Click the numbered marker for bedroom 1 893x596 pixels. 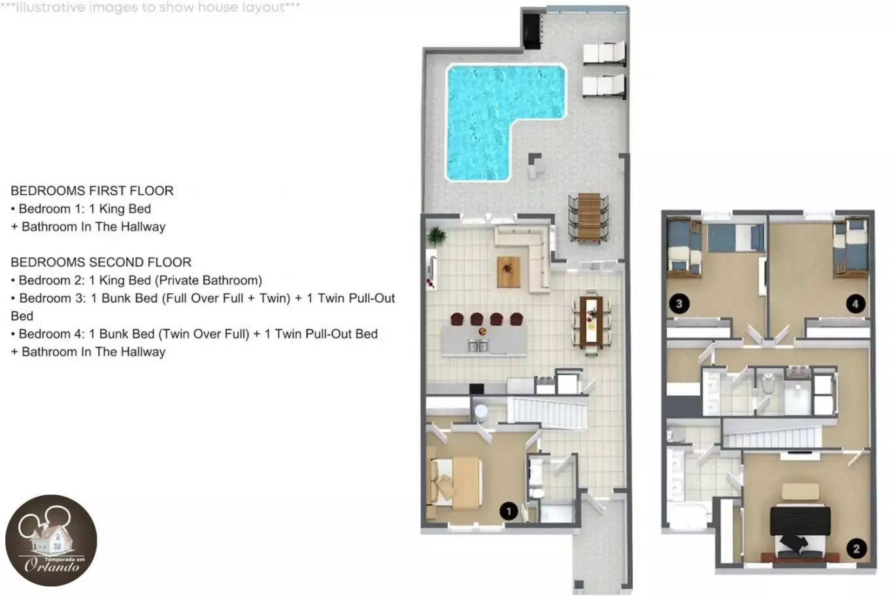(x=509, y=511)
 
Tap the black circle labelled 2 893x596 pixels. (x=856, y=549)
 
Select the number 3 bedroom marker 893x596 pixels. (x=679, y=304)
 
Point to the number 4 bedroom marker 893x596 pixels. (x=856, y=304)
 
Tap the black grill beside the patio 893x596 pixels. (x=532, y=31)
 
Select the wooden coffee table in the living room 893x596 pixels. (x=509, y=272)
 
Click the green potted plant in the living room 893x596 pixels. (x=436, y=236)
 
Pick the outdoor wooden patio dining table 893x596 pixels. (x=589, y=217)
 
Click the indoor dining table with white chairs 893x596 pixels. (x=591, y=321)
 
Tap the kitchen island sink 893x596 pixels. (x=478, y=346)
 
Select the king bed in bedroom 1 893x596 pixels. (x=454, y=483)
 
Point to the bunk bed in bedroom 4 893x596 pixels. (x=851, y=248)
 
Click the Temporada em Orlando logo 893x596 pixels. (x=51, y=541)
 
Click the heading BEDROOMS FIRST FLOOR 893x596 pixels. (x=92, y=190)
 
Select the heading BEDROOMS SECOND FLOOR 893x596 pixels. (x=101, y=262)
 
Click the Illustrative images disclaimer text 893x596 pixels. (x=150, y=7)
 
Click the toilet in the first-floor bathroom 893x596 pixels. (x=538, y=494)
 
